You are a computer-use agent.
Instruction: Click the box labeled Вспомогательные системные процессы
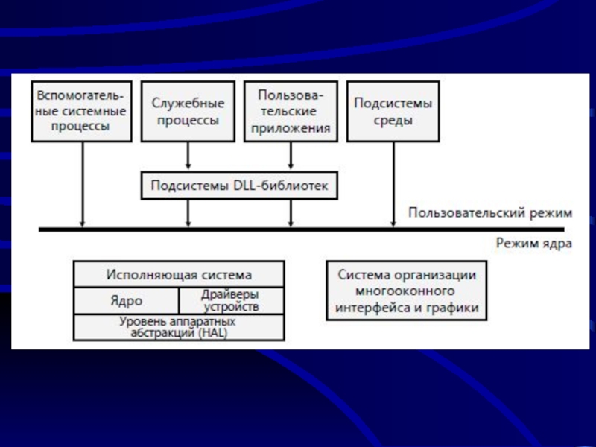[x=80, y=112]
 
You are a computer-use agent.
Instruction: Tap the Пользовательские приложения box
[x=291, y=112]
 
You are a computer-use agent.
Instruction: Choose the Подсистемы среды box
[x=393, y=112]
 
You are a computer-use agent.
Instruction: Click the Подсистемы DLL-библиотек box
[x=239, y=185]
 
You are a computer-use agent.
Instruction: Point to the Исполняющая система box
[x=179, y=274]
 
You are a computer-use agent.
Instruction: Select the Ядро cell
[x=126, y=301]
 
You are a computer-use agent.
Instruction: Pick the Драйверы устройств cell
[x=231, y=301]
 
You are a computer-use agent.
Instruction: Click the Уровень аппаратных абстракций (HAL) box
[x=179, y=327]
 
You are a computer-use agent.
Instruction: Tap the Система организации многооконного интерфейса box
[x=407, y=291]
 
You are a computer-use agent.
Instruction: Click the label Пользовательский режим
[x=490, y=213]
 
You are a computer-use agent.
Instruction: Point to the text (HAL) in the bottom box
[x=212, y=333]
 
